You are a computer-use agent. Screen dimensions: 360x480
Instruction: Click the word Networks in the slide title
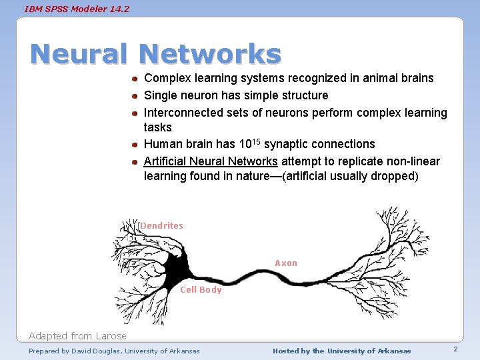(211, 54)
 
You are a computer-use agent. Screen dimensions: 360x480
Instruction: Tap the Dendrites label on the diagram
(161, 226)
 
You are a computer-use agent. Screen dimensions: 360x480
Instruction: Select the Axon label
(286, 263)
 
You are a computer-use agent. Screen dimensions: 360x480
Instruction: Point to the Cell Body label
(201, 290)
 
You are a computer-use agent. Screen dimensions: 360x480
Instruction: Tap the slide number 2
(455, 349)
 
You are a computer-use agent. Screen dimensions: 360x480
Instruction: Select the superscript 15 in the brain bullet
(256, 141)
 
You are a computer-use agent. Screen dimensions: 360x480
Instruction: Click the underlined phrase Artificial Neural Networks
(211, 161)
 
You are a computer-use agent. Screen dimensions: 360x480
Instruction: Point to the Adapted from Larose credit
(77, 336)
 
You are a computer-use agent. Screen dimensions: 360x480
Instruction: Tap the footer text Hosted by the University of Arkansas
(342, 351)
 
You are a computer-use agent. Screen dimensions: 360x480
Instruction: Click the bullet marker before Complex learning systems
(135, 79)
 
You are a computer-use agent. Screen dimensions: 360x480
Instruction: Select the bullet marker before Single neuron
(135, 96)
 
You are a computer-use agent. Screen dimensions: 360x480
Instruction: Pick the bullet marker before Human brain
(135, 145)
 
